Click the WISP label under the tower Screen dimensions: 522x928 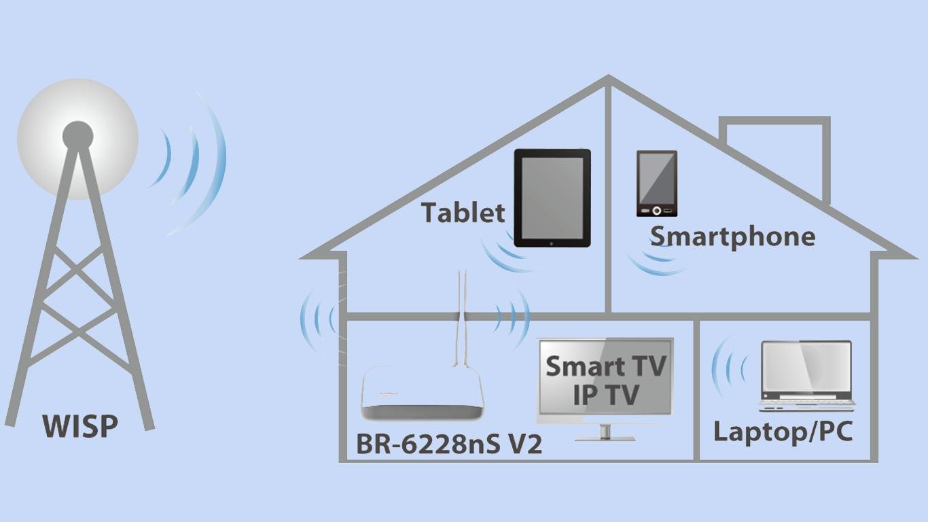point(80,427)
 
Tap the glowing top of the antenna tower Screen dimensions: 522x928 point(77,137)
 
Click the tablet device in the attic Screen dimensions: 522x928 point(552,198)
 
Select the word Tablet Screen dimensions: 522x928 point(463,213)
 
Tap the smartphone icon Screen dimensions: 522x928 point(656,184)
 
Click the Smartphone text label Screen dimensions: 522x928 point(732,237)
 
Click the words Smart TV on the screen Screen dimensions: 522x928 point(605,366)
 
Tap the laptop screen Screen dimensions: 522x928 point(806,370)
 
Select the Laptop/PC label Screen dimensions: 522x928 point(783,432)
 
